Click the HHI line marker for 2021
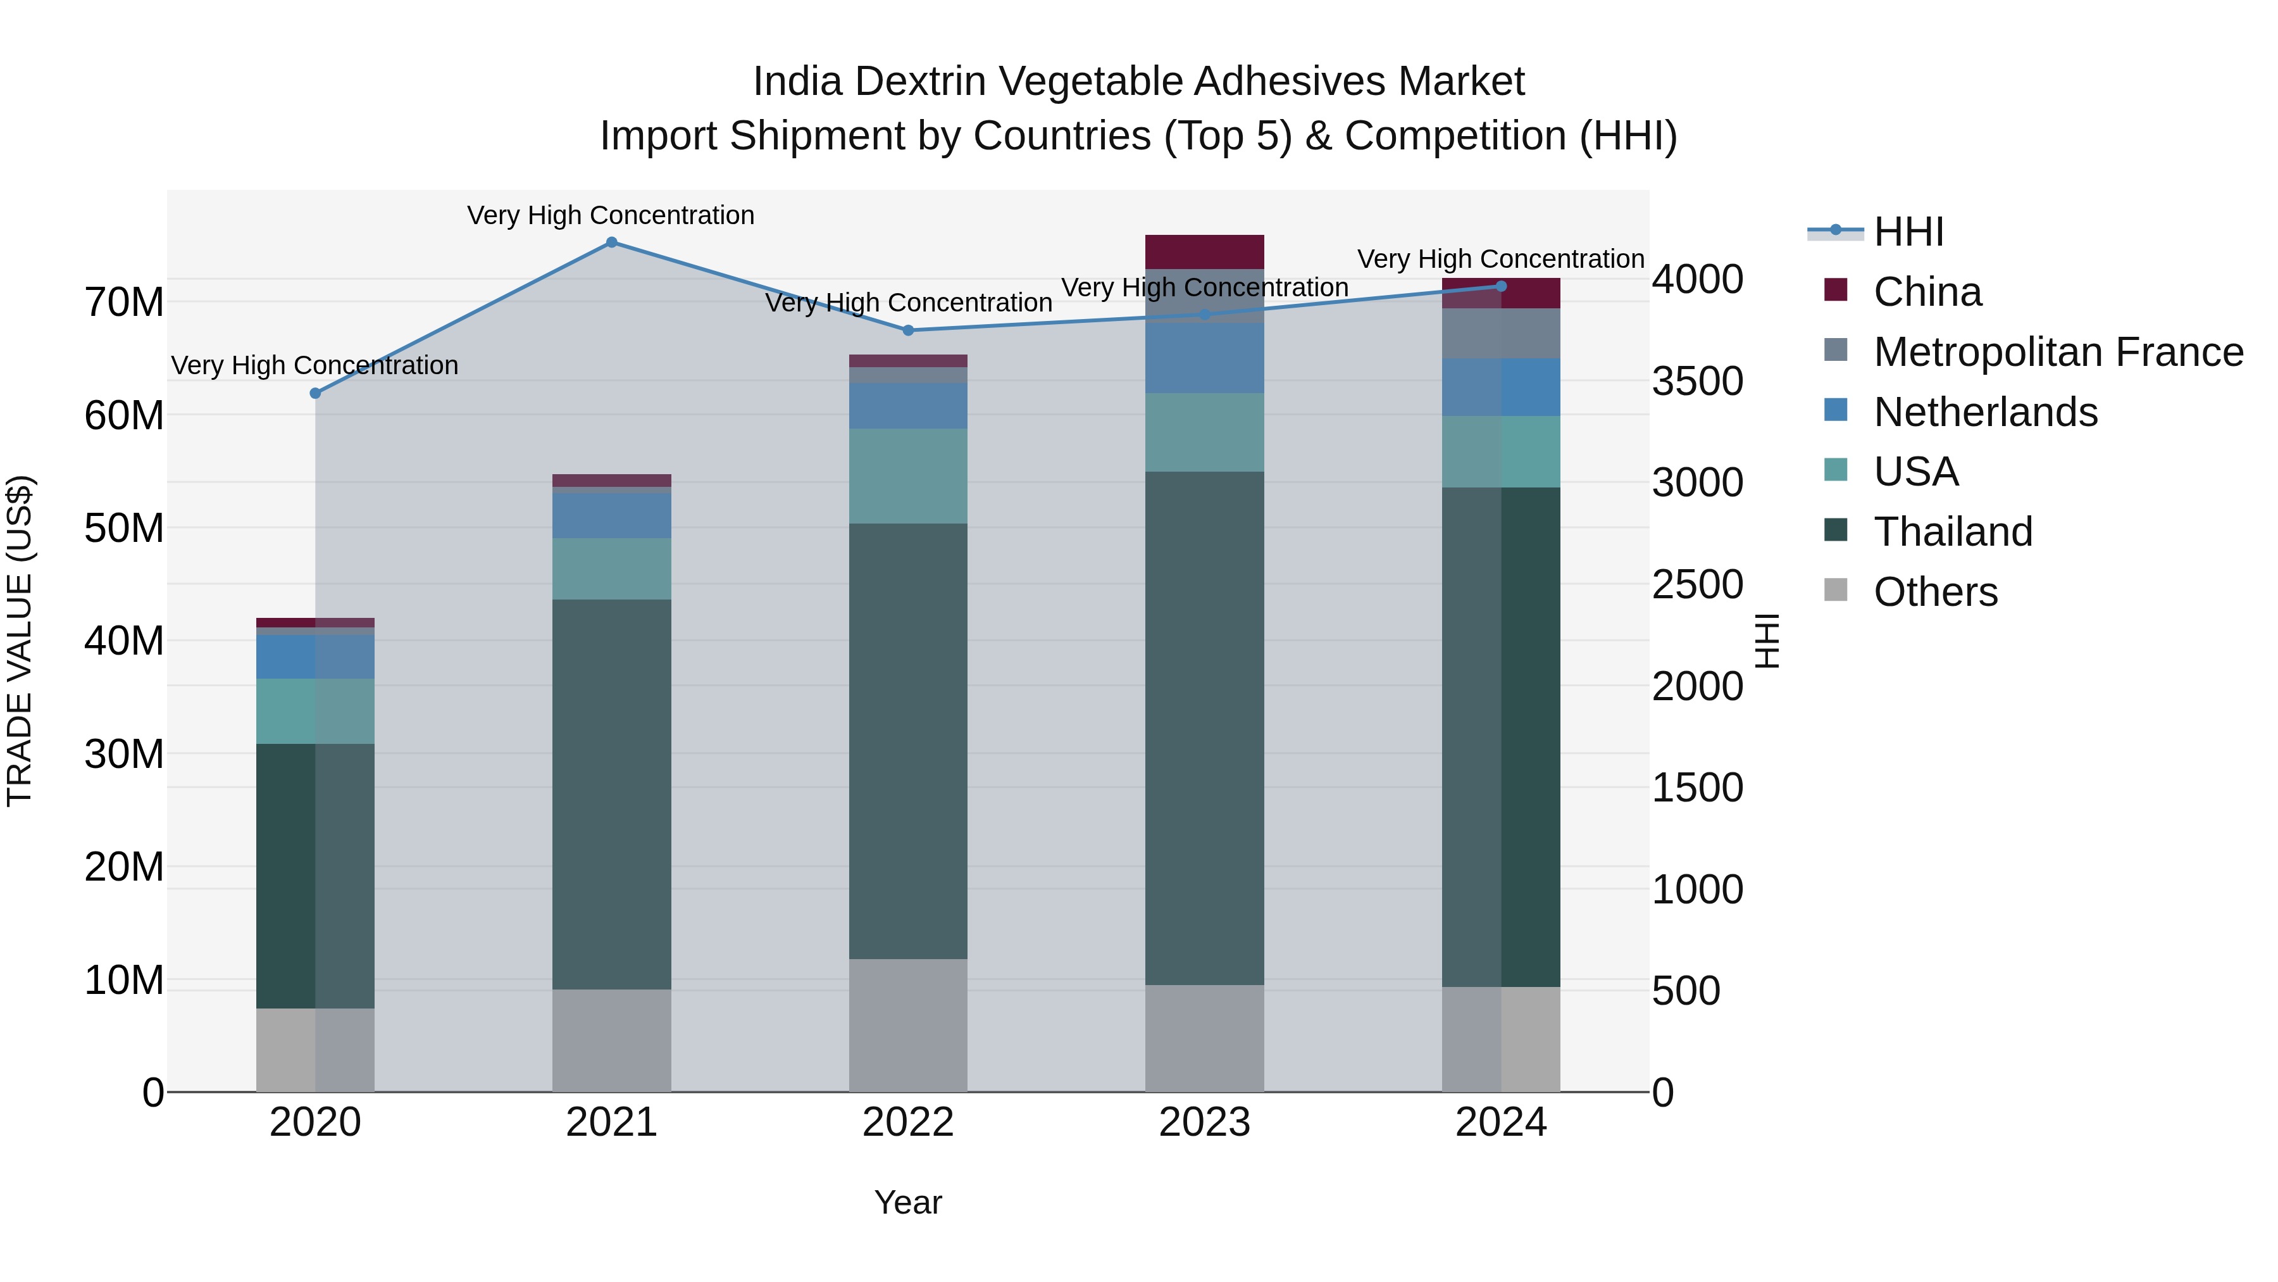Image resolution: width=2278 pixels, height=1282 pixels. click(611, 242)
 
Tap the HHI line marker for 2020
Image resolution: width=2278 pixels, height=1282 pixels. click(316, 393)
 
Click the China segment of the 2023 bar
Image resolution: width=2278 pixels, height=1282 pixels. click(1204, 251)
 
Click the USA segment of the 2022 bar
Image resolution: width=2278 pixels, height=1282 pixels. click(908, 476)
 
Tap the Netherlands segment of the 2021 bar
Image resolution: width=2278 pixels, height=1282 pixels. click(611, 515)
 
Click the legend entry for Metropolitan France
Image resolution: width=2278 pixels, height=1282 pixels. click(2057, 352)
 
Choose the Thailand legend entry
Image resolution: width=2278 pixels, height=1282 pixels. click(1953, 532)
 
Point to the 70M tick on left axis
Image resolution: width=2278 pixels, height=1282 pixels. click(124, 303)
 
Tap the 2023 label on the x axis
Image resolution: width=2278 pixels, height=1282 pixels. click(1204, 1122)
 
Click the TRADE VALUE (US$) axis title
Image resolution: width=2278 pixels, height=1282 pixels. click(20, 641)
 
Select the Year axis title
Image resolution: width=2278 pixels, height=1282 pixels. click(908, 1202)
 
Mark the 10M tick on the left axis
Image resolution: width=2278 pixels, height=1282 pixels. click(124, 980)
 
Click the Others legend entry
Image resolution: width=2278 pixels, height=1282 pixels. click(1935, 592)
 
